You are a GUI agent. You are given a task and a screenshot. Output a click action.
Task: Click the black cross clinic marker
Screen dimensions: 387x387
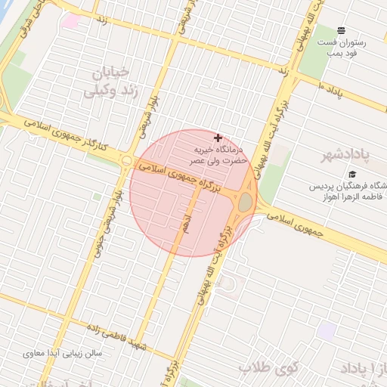click(218, 138)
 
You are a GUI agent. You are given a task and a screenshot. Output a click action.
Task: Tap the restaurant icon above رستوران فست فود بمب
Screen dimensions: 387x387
click(341, 31)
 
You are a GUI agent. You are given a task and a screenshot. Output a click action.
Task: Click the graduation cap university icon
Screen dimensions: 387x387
click(352, 175)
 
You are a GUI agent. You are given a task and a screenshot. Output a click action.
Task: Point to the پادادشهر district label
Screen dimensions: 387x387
click(342, 156)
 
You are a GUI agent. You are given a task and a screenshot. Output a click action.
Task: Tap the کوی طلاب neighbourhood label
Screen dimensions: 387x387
click(270, 367)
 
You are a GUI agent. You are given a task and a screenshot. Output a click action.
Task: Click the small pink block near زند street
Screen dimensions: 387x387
click(70, 21)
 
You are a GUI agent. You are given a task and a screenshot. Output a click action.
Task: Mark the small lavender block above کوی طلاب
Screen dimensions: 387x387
click(327, 330)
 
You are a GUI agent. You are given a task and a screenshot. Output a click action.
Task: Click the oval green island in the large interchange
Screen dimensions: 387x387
click(246, 203)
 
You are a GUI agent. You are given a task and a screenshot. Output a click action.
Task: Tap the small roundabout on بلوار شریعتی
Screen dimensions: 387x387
click(126, 161)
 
